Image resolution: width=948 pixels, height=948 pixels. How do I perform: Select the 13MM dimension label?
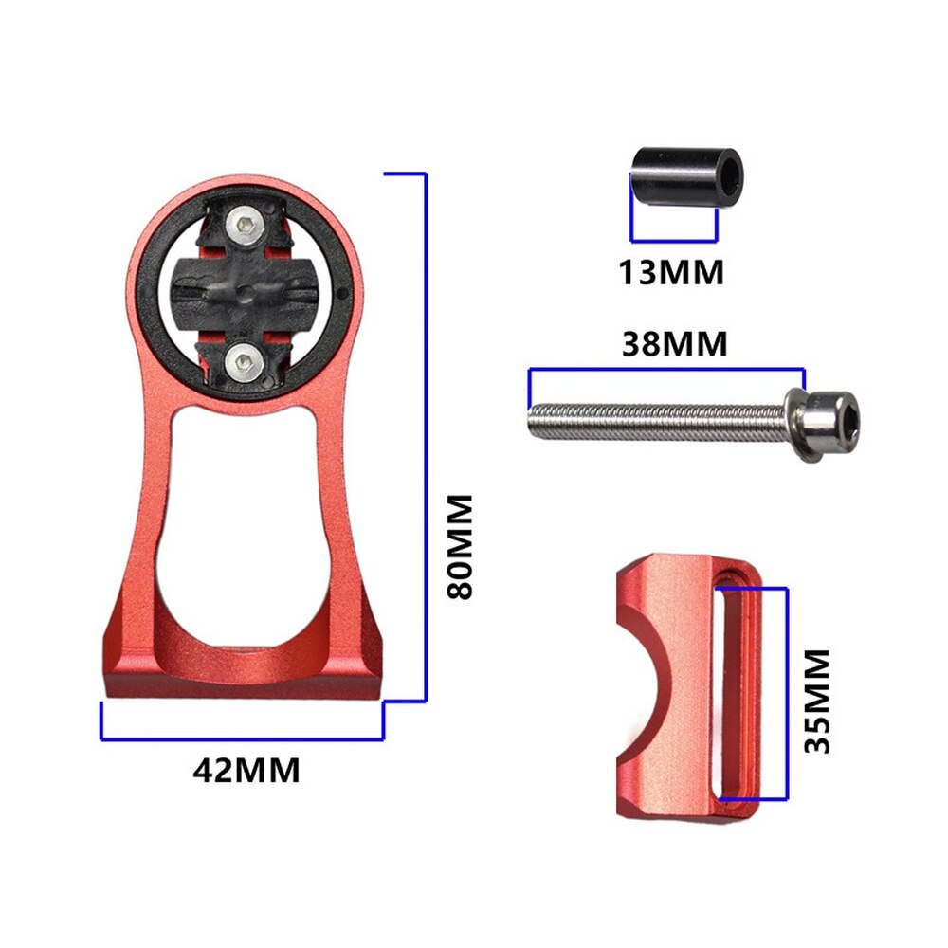[x=671, y=272]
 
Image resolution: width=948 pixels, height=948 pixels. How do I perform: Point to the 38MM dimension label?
[x=674, y=343]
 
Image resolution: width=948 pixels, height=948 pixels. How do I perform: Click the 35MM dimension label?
[x=815, y=702]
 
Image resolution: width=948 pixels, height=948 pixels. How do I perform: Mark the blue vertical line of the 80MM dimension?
[x=425, y=436]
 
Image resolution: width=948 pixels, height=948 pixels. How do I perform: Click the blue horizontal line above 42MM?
[x=242, y=738]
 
